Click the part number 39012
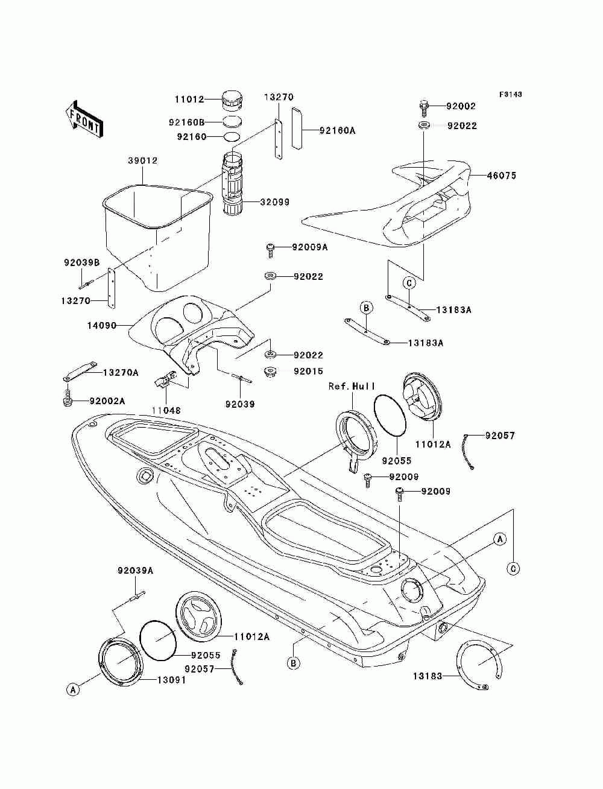142,160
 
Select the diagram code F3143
510,94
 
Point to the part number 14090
102,326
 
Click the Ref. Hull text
352,386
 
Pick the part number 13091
171,680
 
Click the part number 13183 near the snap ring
428,676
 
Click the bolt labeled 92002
424,107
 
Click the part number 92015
308,372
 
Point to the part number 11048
166,410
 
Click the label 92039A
135,570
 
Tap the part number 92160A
337,130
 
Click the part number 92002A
107,401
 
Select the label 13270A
121,373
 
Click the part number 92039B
81,262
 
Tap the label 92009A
310,247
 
